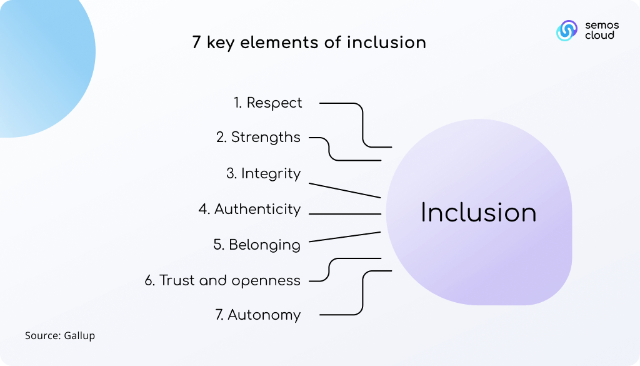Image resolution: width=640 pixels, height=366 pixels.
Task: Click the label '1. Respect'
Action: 267,103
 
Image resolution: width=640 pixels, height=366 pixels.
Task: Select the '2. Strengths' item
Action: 258,137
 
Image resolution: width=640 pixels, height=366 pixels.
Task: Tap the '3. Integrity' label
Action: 264,173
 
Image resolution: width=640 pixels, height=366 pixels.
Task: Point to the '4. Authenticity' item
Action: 250,209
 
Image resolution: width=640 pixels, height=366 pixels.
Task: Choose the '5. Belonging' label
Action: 257,245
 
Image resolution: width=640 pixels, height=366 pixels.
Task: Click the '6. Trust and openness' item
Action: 222,281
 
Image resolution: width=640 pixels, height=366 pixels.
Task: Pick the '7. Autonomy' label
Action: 258,315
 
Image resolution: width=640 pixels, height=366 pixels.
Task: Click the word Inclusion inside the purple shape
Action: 478,213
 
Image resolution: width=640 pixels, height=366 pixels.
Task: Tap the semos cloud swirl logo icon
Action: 567,31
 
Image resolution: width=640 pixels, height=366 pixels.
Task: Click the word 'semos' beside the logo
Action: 602,25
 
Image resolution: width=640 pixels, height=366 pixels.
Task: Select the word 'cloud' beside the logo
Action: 599,35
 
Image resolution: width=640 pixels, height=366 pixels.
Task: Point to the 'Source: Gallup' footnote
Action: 60,335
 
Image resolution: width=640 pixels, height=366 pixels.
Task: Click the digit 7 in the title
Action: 196,43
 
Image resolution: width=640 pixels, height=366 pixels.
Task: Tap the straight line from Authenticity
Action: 345,213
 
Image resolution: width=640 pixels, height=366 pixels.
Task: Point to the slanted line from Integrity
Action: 345,190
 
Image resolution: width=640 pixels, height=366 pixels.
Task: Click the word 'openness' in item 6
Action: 266,281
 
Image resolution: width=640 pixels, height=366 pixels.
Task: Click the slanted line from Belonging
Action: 345,237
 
